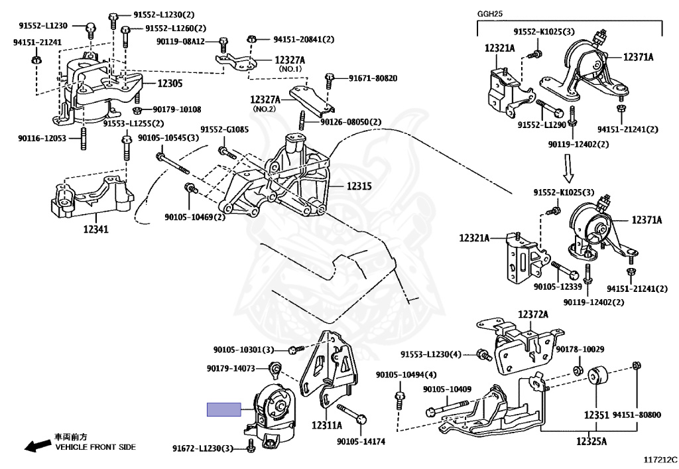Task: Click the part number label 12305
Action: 170,83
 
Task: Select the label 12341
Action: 95,229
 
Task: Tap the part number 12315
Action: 359,186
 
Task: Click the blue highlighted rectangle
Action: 224,409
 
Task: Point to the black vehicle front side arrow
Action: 37,445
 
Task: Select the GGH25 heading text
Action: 490,14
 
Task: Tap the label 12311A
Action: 326,425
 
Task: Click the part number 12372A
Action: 532,314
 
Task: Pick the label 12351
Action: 596,415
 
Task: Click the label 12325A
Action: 591,441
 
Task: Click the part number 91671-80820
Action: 373,78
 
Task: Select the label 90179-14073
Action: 231,369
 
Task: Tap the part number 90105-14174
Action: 361,442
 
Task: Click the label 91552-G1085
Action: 224,129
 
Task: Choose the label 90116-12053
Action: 42,138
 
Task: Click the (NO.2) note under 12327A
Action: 264,109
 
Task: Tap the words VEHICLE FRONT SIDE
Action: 95,447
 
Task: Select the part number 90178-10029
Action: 580,349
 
